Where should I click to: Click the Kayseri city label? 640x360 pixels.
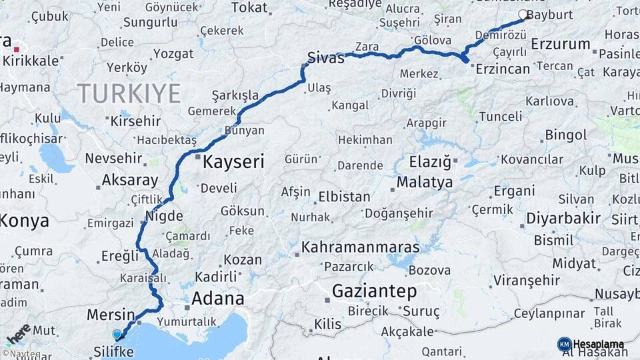[233, 161]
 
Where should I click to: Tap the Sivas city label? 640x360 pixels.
[326, 57]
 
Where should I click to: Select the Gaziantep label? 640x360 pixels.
[374, 291]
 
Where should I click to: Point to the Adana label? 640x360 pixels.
[217, 298]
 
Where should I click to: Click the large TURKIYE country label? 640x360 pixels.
[128, 93]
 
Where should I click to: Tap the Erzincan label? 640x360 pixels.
[503, 69]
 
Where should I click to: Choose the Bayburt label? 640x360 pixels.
[550, 14]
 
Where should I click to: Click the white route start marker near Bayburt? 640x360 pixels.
[523, 14]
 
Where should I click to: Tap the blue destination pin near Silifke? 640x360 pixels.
[117, 335]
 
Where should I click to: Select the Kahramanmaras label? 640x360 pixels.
[361, 247]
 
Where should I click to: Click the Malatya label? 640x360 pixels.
[425, 182]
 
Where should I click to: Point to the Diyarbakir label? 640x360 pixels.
[563, 218]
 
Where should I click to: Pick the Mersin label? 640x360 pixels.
[111, 314]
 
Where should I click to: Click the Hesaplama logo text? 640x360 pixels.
[599, 345]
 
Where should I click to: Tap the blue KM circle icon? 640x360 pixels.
[565, 344]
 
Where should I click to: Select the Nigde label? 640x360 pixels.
[163, 216]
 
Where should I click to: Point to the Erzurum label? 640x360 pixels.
[561, 45]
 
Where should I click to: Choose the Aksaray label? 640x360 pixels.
[130, 180]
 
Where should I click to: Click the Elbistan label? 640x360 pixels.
[344, 197]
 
